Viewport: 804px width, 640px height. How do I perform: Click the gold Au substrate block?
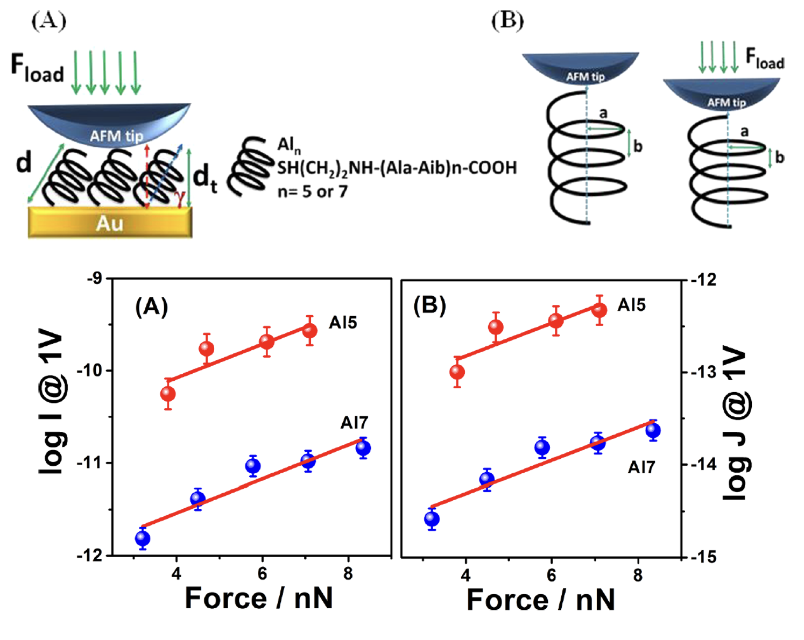click(110, 222)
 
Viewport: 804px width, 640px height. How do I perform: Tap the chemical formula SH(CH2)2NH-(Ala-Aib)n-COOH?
click(397, 168)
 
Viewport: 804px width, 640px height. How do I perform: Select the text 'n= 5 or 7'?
click(312, 191)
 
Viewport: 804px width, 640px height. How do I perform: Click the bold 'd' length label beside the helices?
click(23, 161)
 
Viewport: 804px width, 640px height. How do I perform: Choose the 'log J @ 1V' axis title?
click(735, 424)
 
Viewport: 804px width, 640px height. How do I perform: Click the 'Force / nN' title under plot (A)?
click(258, 598)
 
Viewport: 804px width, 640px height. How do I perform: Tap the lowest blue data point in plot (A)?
click(143, 538)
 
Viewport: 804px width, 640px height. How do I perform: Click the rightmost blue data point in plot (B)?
click(653, 430)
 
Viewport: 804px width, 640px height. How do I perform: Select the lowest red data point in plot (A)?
click(168, 394)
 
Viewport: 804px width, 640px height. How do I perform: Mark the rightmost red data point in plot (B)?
click(600, 310)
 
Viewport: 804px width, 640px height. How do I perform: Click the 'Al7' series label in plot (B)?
click(641, 467)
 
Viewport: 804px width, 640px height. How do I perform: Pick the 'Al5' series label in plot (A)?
click(343, 323)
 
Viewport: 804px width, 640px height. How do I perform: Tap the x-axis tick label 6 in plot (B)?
click(551, 575)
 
